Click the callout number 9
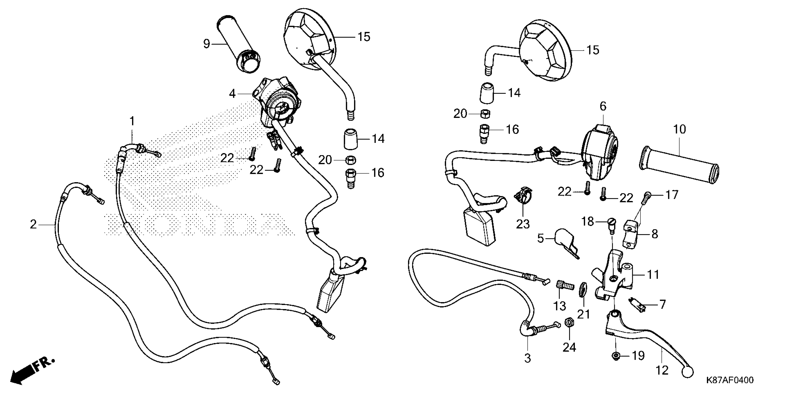tap(207, 44)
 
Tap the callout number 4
tap(232, 94)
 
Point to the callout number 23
tap(523, 224)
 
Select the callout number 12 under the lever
tap(662, 370)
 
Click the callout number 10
tap(679, 129)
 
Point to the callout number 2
tap(33, 224)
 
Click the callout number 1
tap(132, 121)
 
